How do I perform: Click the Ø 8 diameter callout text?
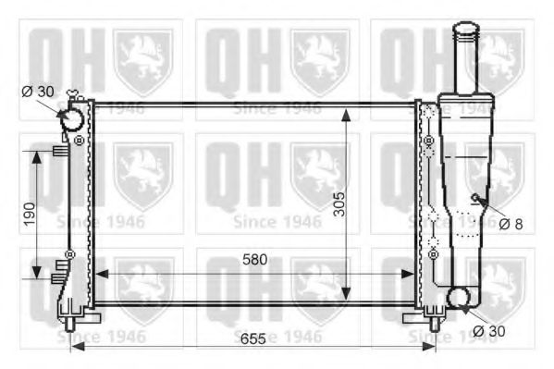(511, 223)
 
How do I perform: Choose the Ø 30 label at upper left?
(38, 90)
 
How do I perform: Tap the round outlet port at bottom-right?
(459, 298)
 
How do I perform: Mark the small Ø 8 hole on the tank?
(476, 198)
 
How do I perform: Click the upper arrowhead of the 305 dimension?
(346, 113)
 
